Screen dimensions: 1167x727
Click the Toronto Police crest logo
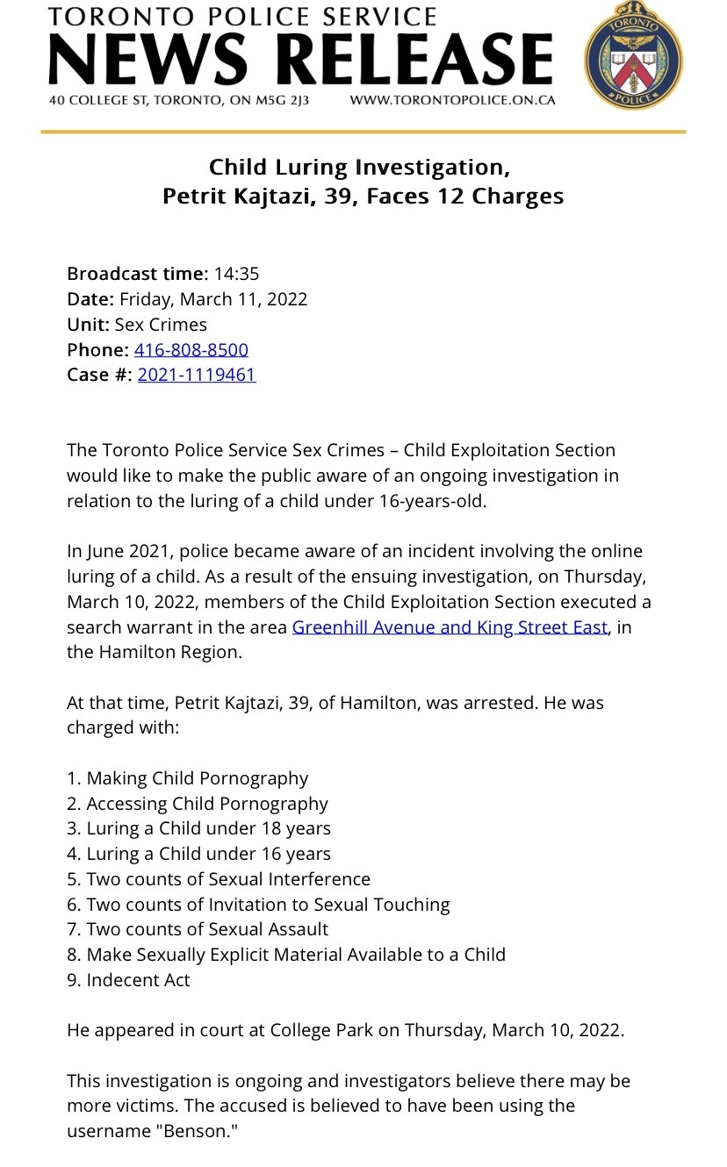coord(633,55)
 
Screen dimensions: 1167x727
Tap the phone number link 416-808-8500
coord(191,350)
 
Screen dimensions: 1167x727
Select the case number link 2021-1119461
coord(197,376)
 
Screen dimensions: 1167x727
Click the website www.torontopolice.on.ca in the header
coord(452,100)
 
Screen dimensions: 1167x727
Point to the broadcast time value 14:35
coord(236,274)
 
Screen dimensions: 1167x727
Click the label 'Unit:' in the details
coord(89,325)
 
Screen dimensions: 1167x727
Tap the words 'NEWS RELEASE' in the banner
coord(300,59)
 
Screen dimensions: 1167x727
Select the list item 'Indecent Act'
coord(138,980)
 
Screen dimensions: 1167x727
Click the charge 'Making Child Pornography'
coord(198,778)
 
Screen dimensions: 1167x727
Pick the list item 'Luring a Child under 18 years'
coord(208,828)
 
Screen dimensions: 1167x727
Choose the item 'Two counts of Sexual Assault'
coord(207,929)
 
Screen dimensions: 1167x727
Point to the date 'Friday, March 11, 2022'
coord(213,299)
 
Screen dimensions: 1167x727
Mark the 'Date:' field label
coord(91,299)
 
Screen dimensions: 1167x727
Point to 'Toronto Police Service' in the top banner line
coord(241,17)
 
